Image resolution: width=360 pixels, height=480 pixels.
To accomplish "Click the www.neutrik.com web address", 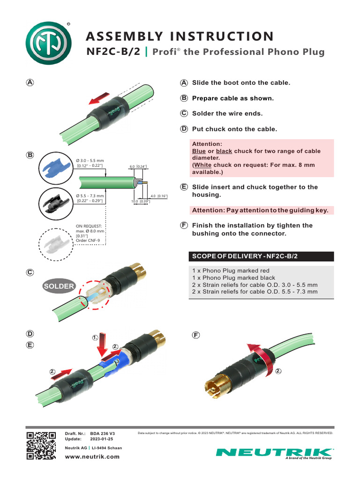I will tap(92, 457).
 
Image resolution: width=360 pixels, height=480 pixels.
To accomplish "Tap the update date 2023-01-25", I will tap(102, 439).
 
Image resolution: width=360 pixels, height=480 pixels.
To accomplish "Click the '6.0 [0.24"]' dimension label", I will tap(138, 166).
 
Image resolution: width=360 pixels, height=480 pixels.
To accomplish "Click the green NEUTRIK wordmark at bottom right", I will tap(274, 452).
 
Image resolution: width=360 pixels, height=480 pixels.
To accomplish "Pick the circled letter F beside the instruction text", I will tap(184, 225).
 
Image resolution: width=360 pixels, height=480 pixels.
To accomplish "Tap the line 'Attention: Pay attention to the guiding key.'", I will tap(261, 210).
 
